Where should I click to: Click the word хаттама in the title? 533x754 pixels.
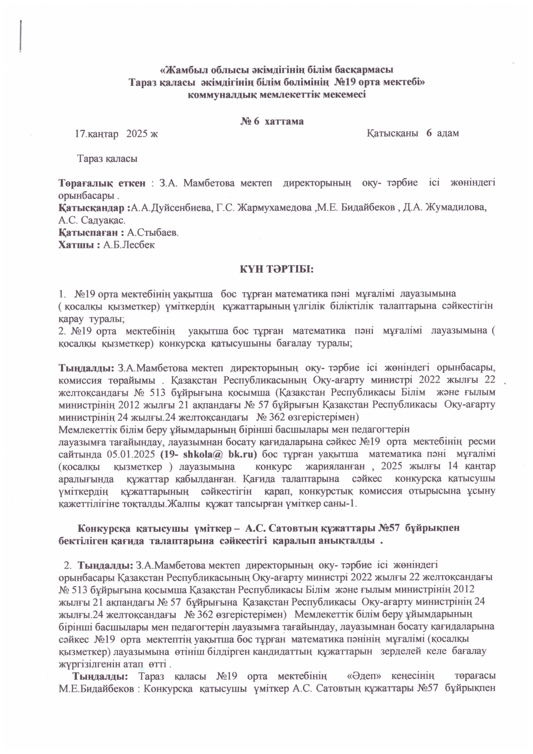pyautogui.click(x=284, y=121)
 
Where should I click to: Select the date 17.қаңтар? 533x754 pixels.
pyautogui.click(x=97, y=134)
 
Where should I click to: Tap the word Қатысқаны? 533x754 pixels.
pyautogui.click(x=392, y=133)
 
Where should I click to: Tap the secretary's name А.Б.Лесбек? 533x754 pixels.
pyautogui.click(x=129, y=245)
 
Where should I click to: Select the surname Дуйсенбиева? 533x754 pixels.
pyautogui.click(x=172, y=208)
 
